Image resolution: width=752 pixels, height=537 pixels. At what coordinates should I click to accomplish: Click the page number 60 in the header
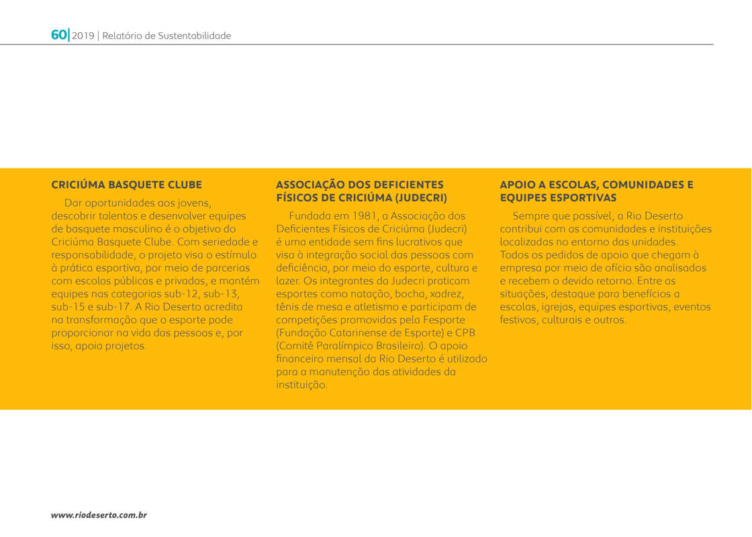58,35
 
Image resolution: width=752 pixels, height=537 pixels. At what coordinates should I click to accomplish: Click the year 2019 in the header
83,36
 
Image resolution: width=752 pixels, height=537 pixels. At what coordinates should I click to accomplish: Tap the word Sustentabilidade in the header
194,36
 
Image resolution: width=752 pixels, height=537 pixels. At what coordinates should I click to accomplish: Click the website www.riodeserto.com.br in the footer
99,515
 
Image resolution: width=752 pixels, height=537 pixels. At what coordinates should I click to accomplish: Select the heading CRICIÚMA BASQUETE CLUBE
126,185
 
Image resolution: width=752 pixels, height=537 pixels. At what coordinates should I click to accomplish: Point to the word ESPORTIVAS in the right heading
583,198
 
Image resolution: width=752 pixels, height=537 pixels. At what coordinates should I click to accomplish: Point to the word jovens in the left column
195,203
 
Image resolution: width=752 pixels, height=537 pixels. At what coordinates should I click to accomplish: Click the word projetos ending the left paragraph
124,346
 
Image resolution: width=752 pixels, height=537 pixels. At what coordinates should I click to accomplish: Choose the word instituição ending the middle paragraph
301,385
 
